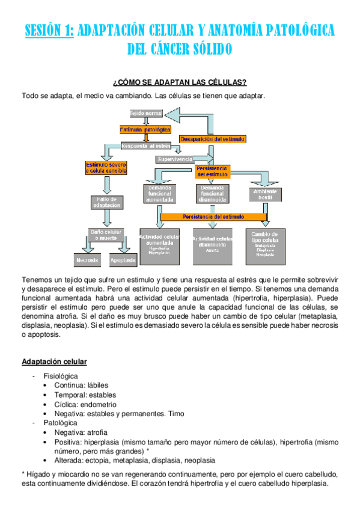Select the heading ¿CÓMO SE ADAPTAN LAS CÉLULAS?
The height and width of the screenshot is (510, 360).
(x=180, y=82)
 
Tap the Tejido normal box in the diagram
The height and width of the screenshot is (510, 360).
(x=146, y=113)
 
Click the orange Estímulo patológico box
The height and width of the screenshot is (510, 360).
(x=145, y=129)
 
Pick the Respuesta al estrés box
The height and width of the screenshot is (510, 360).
(x=146, y=146)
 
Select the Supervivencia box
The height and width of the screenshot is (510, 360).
(x=174, y=159)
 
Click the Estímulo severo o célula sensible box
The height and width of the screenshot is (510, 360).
(x=106, y=168)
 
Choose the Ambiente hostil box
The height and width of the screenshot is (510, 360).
(x=265, y=194)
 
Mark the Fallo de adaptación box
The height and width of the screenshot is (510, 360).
(x=106, y=202)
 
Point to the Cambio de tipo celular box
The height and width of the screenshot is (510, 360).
(x=265, y=245)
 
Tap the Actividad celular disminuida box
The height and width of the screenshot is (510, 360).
(x=212, y=245)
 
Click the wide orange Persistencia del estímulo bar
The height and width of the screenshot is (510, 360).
(x=213, y=217)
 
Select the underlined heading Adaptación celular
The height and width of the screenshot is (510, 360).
(x=54, y=361)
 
